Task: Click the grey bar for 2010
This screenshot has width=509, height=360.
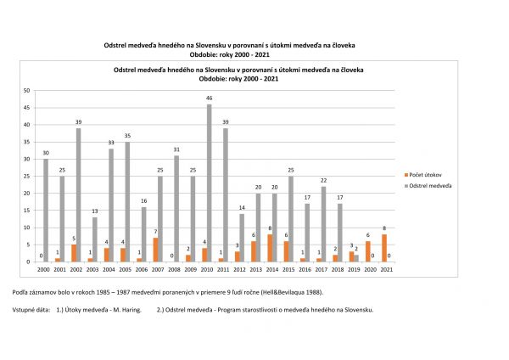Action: click(x=209, y=183)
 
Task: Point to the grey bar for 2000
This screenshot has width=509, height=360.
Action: click(x=46, y=210)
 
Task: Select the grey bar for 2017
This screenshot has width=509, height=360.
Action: click(x=323, y=224)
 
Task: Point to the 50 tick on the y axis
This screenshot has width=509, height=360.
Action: click(x=26, y=90)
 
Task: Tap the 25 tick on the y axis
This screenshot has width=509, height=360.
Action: click(x=26, y=176)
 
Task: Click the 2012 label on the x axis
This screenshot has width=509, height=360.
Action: click(x=238, y=269)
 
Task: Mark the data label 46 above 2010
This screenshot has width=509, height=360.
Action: click(x=209, y=98)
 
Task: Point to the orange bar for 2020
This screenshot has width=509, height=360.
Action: click(x=367, y=251)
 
